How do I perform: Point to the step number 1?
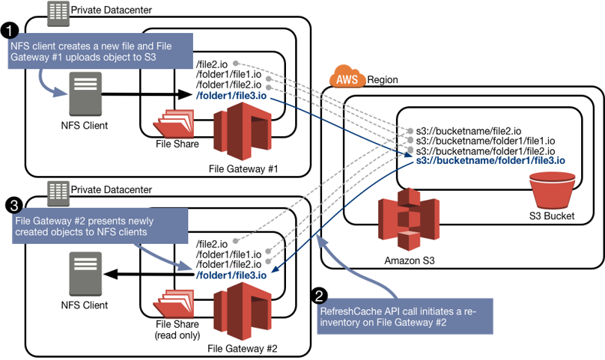coord(9,31)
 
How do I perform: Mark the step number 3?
coord(13,204)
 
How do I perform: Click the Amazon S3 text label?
coord(409,260)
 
